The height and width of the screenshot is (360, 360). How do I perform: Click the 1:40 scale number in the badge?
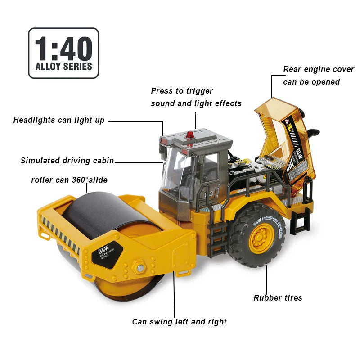[x=63, y=49]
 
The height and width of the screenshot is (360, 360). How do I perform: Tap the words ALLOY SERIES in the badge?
[x=63, y=67]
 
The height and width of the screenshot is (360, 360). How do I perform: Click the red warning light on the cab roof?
[x=190, y=135]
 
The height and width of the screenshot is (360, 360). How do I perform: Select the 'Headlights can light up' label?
[x=59, y=120]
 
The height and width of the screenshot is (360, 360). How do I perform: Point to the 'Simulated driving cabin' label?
[x=67, y=161]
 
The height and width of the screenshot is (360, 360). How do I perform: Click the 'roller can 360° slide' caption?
[x=69, y=180]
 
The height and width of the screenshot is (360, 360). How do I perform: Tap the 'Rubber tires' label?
[x=278, y=298]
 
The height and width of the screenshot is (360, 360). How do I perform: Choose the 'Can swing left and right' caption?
[x=179, y=322]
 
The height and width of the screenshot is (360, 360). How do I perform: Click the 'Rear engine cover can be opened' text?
[x=319, y=76]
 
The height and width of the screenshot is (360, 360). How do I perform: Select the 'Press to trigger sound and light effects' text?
[x=196, y=97]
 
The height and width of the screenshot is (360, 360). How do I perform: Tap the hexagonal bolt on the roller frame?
[x=139, y=267]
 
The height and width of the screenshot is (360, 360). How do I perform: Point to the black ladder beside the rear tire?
[x=216, y=239]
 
